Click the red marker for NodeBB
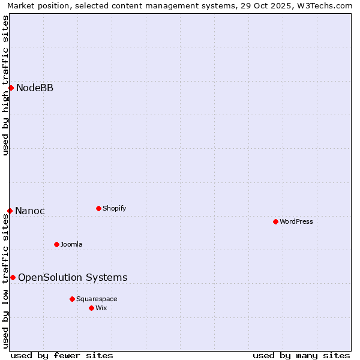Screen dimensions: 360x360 point(11,88)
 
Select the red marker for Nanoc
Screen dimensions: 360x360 point(10,211)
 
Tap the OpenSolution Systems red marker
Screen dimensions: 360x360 point(13,277)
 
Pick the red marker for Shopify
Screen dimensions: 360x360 point(98,208)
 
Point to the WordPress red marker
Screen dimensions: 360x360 point(275,221)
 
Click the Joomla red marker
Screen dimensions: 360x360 point(56,244)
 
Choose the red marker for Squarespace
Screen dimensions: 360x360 point(72,299)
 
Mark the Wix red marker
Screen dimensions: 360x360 point(91,308)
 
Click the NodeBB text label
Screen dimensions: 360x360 point(35,88)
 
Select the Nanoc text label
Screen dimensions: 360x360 point(30,211)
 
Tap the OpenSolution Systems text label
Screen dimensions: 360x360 point(73,277)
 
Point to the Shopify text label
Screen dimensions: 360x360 point(115,208)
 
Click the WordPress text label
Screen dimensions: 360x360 point(296,221)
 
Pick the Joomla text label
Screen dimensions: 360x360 point(71,244)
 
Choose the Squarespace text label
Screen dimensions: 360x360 point(97,299)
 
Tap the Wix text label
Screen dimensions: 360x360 point(101,308)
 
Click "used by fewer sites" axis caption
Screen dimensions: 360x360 point(62,355)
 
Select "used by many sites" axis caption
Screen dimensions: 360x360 point(301,355)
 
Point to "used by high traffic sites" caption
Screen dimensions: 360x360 point(6,85)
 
